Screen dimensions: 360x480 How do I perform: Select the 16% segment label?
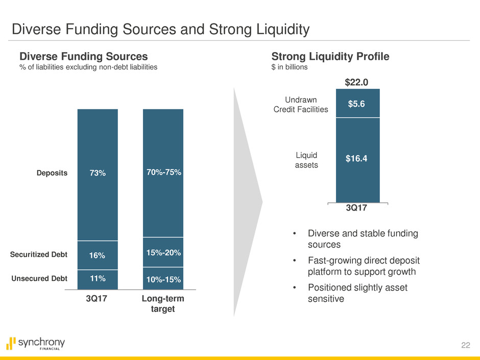pyautogui.click(x=97, y=255)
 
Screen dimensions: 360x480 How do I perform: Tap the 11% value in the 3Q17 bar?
pyautogui.click(x=97, y=278)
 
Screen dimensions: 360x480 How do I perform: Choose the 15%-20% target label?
pyautogui.click(x=163, y=252)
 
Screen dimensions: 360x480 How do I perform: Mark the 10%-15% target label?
pyautogui.click(x=163, y=279)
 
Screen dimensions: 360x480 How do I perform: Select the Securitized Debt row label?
pyautogui.click(x=39, y=254)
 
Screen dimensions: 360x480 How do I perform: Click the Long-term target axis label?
pyautogui.click(x=163, y=304)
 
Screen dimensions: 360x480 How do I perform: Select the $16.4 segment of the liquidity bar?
pyautogui.click(x=357, y=159)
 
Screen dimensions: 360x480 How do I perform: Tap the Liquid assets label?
pyautogui.click(x=307, y=160)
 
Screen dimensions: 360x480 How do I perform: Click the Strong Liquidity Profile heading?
pyautogui.click(x=330, y=57)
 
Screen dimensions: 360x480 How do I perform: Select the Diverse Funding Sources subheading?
pyautogui.click(x=83, y=57)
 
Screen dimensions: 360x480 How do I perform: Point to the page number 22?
pyautogui.click(x=464, y=345)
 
